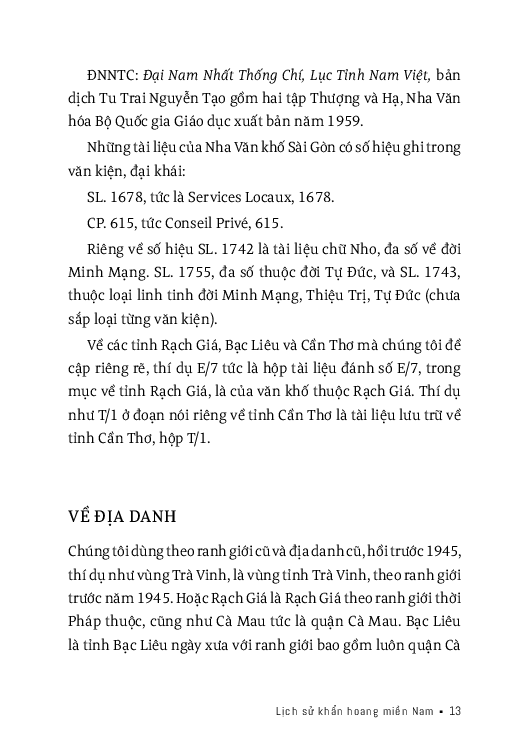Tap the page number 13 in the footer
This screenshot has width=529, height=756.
pyautogui.click(x=454, y=711)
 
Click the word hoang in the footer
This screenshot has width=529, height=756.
pyautogui.click(x=359, y=711)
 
